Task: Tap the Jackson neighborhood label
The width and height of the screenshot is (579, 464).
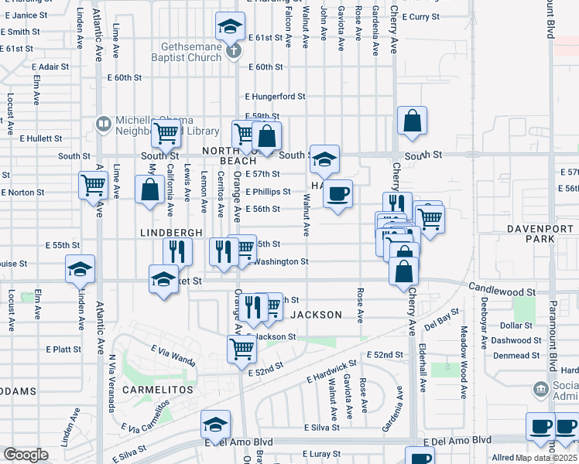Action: pos(316,315)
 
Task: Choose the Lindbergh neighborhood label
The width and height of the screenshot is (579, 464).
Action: pos(172,232)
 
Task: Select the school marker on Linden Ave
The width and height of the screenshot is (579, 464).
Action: pos(80,269)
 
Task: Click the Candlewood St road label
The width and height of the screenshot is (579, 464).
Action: pos(502,288)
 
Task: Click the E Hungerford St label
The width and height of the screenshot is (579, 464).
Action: pos(276,97)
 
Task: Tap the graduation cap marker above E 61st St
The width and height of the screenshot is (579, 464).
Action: pos(230,27)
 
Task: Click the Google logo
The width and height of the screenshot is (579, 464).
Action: pos(26,454)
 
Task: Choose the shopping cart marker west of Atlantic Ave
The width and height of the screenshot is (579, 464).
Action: pos(93,186)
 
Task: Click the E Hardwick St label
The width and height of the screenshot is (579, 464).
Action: pos(331,371)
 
